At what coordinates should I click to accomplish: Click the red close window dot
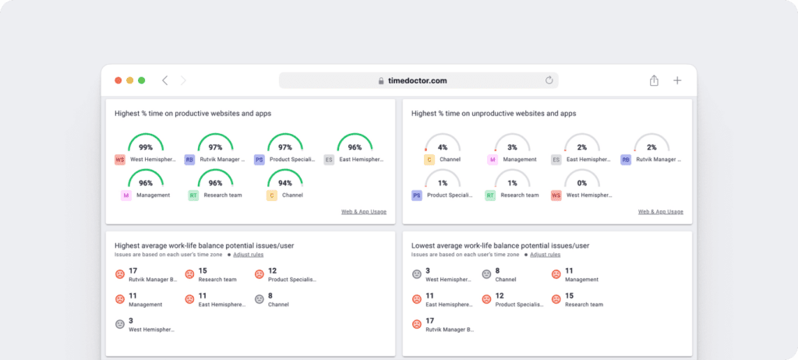(118, 80)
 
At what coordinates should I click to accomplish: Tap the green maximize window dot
(142, 80)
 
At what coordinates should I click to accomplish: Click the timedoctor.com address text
(418, 80)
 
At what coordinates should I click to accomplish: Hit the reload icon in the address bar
(549, 80)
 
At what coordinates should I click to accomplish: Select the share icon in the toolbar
(654, 80)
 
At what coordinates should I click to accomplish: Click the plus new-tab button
(677, 80)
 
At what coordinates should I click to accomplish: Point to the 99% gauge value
(146, 146)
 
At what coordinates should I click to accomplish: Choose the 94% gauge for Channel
(285, 183)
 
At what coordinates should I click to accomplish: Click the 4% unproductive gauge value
(443, 146)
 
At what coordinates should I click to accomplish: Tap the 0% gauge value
(582, 183)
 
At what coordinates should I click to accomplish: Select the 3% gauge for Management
(512, 146)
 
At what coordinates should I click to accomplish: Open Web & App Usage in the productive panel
(364, 211)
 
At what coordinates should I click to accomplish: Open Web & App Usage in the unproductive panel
(661, 211)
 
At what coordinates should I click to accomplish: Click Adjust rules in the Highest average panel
(249, 255)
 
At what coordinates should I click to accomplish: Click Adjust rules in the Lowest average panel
(546, 255)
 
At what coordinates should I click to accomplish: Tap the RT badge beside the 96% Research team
(193, 196)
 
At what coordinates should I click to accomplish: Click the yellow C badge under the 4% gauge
(429, 160)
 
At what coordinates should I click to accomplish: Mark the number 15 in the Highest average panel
(203, 270)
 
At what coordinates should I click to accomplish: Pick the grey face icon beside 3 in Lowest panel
(418, 274)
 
